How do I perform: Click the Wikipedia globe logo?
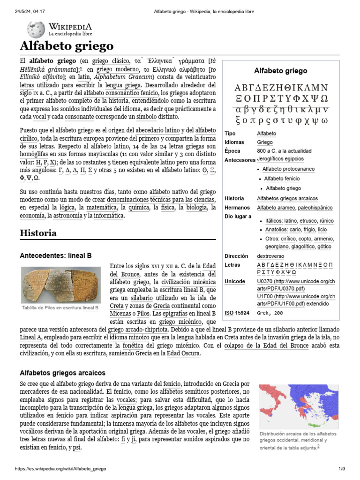36,29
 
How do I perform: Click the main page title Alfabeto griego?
67,46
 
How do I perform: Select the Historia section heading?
38,233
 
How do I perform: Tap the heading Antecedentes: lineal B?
55,255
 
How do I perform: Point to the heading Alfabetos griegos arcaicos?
62,373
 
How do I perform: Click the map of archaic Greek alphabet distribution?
299,407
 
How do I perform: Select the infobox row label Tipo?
230,134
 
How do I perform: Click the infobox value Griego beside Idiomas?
265,142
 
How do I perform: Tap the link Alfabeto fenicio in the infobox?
282,179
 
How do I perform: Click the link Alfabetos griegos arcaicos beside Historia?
287,199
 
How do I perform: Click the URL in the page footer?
61,469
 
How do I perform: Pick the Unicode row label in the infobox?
235,281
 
